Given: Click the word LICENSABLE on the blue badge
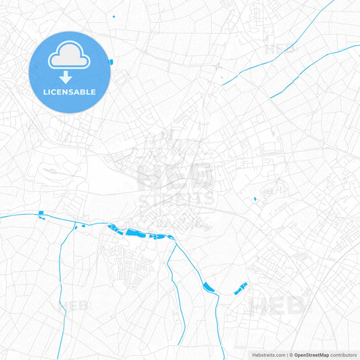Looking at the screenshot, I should (x=69, y=92).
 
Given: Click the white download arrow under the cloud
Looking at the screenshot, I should (x=66, y=76).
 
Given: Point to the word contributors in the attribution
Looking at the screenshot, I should (x=344, y=355).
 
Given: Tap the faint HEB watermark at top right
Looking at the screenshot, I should (x=280, y=49).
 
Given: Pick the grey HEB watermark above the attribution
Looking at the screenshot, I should (x=277, y=306).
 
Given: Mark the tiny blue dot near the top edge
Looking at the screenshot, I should (x=113, y=16).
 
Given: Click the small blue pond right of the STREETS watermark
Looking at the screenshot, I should (x=255, y=199).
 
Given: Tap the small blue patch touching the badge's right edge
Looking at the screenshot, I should (x=109, y=62).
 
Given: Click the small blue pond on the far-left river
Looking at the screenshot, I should (x=41, y=214).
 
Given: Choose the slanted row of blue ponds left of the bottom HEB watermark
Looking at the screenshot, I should (x=240, y=288).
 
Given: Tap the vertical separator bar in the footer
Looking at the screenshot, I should (x=286, y=355).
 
